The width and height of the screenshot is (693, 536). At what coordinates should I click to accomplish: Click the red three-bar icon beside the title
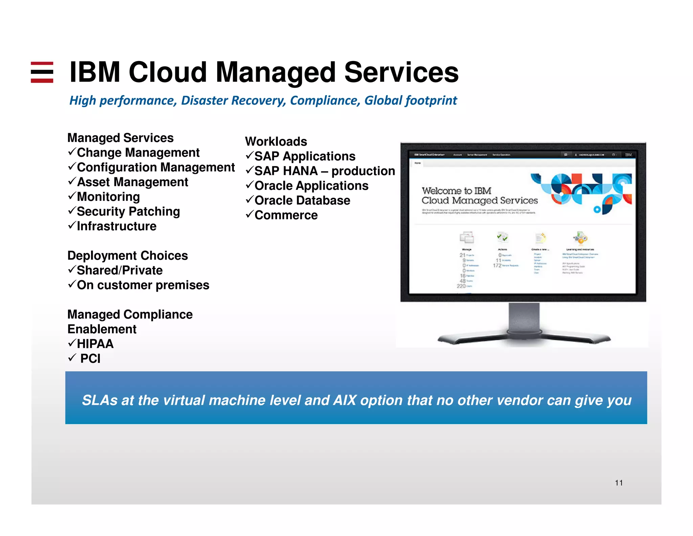[x=42, y=72]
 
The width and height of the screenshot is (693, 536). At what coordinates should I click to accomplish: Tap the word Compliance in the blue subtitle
[x=325, y=101]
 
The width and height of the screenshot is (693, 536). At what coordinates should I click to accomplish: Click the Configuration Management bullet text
[x=156, y=167]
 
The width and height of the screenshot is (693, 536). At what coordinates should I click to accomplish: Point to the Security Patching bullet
[x=128, y=211]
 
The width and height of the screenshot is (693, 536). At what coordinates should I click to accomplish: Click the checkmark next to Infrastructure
[x=71, y=225]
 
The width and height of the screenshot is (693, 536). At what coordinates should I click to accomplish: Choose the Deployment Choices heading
[x=128, y=255]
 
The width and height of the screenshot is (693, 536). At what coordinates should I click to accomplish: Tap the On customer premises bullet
[x=143, y=285]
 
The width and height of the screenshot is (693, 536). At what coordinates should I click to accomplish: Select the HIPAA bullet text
[x=95, y=344]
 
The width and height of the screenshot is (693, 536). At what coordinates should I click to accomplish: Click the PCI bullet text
[x=90, y=358]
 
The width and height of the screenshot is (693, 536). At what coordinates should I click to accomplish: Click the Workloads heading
[x=276, y=141]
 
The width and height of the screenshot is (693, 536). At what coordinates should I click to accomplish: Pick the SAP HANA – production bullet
[x=324, y=171]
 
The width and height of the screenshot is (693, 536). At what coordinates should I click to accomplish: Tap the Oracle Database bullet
[x=302, y=201]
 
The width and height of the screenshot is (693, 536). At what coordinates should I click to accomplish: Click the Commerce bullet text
[x=286, y=215]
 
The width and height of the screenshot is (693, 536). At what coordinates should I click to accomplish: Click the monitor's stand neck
[x=524, y=317]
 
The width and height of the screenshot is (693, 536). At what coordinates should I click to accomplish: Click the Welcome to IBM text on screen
[x=456, y=191]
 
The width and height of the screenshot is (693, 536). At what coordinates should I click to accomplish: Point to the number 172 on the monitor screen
[x=497, y=266]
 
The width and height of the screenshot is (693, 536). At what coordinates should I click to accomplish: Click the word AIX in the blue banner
[x=345, y=400]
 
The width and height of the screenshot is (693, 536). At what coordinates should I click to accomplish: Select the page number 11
[x=619, y=483]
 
